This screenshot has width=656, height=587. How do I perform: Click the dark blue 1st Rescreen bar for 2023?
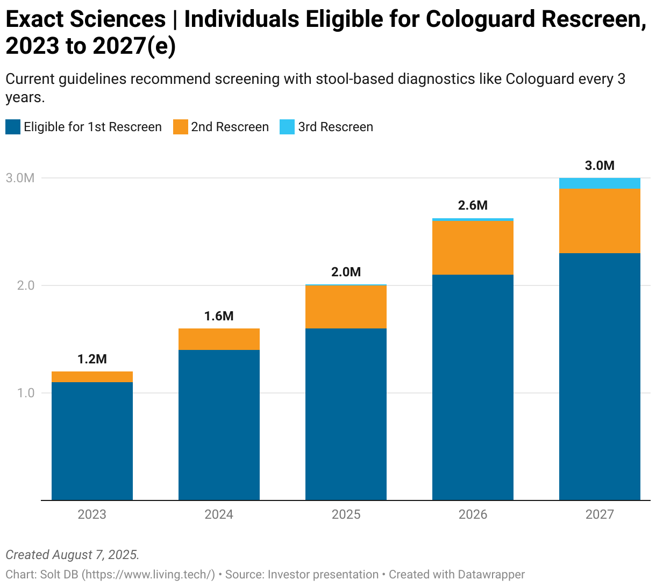point(92,441)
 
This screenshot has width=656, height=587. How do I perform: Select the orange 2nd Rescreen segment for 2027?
point(600,221)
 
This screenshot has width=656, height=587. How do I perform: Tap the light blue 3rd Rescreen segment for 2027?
point(600,183)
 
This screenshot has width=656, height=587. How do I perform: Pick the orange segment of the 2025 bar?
point(346,306)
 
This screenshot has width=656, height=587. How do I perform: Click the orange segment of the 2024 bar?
point(219,339)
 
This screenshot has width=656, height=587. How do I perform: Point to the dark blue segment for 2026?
point(473,387)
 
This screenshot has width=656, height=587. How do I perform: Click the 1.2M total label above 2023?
point(92,359)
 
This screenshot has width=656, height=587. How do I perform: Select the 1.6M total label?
point(219,316)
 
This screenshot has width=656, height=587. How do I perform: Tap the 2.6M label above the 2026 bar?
point(473,205)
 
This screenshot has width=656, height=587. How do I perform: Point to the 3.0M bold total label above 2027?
point(600,166)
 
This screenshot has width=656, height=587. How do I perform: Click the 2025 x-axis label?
point(346,514)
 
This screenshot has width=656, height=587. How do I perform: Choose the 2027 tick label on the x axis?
point(600,514)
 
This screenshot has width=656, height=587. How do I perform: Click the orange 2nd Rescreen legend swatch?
point(180,127)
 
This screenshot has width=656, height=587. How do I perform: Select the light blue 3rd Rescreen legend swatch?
point(287,127)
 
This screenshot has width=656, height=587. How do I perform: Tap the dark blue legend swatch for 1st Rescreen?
point(13,127)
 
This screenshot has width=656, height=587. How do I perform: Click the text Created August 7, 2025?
point(73,555)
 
